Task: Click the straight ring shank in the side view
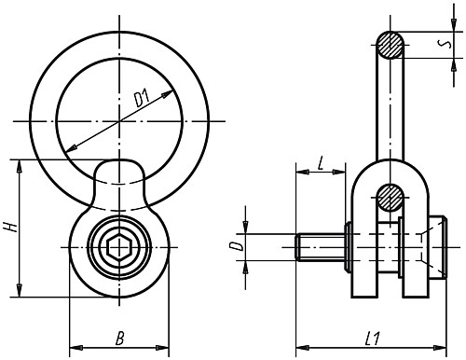[x=391, y=112]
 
